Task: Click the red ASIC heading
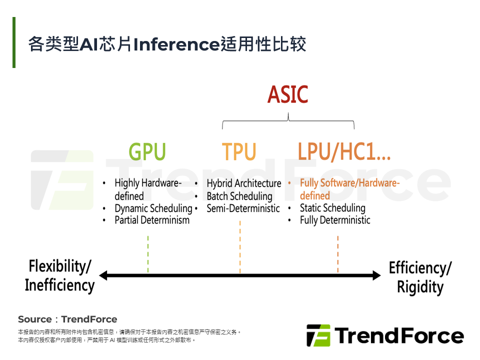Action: coord(288,95)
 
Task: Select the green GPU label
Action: coord(147,152)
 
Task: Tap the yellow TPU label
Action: coord(239,152)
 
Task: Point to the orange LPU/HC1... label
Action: coord(344,152)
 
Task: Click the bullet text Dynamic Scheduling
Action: coord(153,208)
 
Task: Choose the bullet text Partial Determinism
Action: coord(152,220)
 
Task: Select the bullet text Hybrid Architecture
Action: coord(244,183)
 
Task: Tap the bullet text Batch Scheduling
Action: coord(239,196)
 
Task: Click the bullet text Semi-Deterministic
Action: coord(243,208)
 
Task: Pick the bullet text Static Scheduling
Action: coord(332,208)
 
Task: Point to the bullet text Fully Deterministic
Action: coord(335,220)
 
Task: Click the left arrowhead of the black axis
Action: coord(103,275)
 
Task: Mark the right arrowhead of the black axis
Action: coord(377,275)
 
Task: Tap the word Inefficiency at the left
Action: coord(59,285)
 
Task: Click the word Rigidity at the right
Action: coord(420,287)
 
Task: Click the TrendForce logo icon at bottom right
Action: coord(318,335)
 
